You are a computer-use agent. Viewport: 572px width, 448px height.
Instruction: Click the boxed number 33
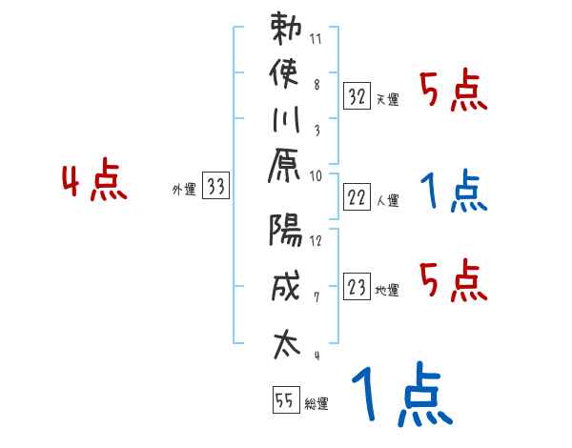click(x=216, y=188)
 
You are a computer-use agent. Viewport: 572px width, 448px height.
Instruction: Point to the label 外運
click(x=184, y=190)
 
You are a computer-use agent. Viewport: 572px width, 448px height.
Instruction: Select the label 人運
click(x=388, y=201)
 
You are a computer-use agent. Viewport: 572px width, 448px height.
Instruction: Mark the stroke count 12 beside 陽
click(x=316, y=239)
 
